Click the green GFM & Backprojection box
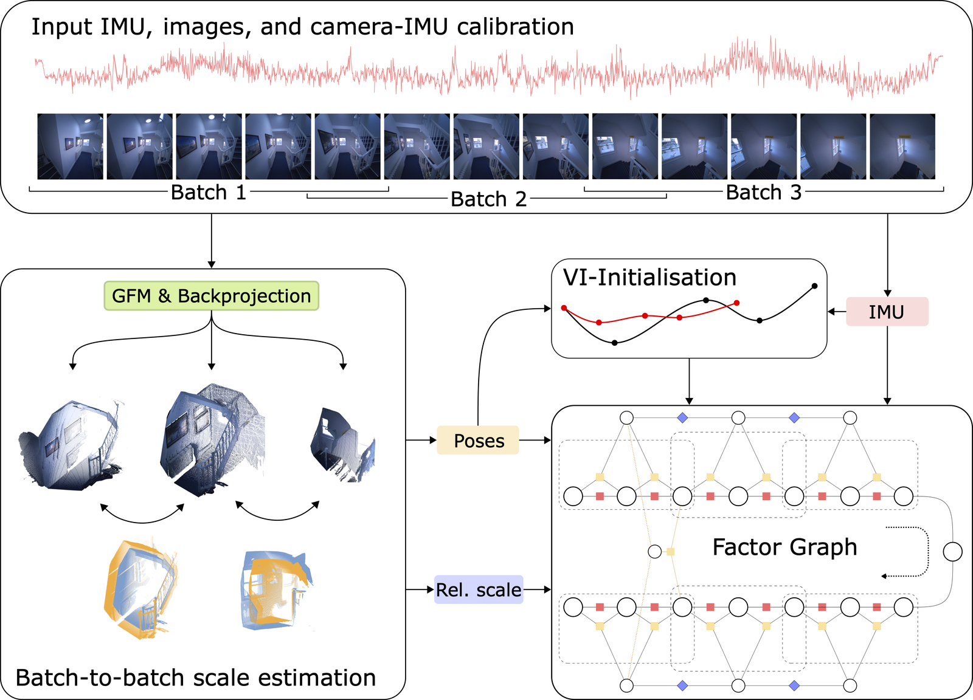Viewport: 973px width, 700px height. click(x=212, y=296)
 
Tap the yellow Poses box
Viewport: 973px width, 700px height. click(x=478, y=440)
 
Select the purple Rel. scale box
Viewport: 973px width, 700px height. click(x=479, y=590)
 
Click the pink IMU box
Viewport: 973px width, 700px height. click(x=887, y=312)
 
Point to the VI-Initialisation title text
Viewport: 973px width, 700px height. click(x=649, y=277)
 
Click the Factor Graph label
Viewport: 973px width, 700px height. click(x=784, y=547)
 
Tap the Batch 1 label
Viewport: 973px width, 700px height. click(x=209, y=192)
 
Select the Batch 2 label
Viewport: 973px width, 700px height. click(x=488, y=199)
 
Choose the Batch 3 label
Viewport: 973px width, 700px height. click(x=764, y=192)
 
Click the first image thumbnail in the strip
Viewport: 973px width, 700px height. click(x=71, y=146)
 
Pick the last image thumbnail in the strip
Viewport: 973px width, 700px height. click(x=902, y=146)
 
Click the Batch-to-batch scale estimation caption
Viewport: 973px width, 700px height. click(x=195, y=678)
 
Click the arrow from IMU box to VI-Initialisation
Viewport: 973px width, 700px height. click(x=837, y=312)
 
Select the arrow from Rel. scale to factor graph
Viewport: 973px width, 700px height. click(x=538, y=589)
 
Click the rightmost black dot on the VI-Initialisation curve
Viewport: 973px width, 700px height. click(x=814, y=286)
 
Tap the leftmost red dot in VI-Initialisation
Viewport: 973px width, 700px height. click(x=564, y=307)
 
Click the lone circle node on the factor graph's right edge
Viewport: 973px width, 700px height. click(x=952, y=552)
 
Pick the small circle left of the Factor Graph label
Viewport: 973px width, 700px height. click(x=654, y=552)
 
